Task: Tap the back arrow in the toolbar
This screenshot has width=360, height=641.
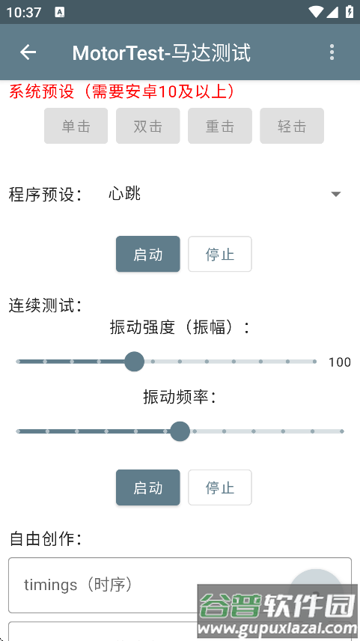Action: point(28,52)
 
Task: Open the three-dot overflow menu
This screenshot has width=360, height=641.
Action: point(332,52)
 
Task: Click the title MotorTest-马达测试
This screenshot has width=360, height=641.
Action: point(161,52)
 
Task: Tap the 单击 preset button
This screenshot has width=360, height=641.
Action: point(76,126)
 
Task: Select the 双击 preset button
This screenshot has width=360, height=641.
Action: point(147,126)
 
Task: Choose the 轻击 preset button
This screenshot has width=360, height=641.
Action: point(291,126)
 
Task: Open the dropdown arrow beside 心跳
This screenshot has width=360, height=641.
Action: point(336,194)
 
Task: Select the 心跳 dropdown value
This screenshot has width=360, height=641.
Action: point(125,194)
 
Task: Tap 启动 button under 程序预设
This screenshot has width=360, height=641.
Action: point(147,254)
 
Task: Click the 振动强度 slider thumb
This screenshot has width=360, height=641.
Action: point(134,362)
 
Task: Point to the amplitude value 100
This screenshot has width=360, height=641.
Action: point(339,362)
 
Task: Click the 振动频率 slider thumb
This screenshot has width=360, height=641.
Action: point(180,431)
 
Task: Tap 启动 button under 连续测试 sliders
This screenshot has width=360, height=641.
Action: point(147,487)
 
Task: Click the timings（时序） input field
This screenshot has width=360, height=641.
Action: point(142,585)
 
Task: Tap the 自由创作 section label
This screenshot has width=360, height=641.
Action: point(45,538)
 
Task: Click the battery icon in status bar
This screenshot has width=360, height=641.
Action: point(348,12)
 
